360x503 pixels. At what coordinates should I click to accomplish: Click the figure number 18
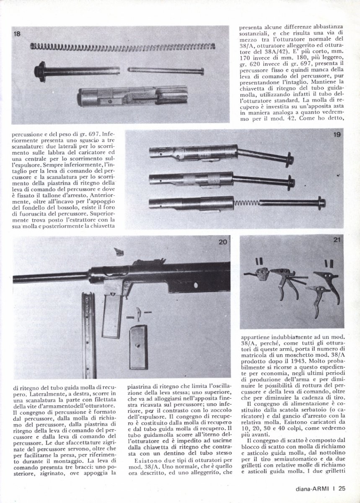click(17, 34)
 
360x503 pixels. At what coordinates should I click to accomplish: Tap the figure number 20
click(223, 241)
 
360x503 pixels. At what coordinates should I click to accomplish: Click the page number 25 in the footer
click(342, 488)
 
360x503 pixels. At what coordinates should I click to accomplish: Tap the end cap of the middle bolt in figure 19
click(290, 183)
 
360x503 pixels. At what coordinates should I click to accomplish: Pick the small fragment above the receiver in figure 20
click(119, 252)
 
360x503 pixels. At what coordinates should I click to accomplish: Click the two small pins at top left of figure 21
click(257, 260)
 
